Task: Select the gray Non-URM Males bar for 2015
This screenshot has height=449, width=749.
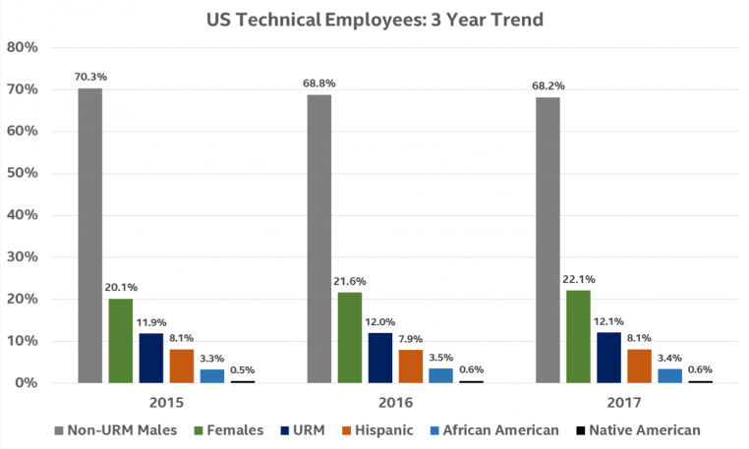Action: (x=89, y=235)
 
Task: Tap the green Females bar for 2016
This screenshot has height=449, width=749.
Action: (x=349, y=337)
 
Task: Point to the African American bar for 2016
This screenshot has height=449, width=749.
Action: (x=439, y=375)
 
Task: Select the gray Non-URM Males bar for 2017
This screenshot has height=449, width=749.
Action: (x=547, y=240)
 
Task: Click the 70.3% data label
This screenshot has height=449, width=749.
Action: (x=89, y=76)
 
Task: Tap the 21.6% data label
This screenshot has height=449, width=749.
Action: (x=349, y=280)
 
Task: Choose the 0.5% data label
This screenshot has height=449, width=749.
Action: (x=242, y=368)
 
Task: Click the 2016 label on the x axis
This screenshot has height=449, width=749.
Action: (x=394, y=403)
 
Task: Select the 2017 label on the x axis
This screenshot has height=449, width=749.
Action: (x=623, y=403)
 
